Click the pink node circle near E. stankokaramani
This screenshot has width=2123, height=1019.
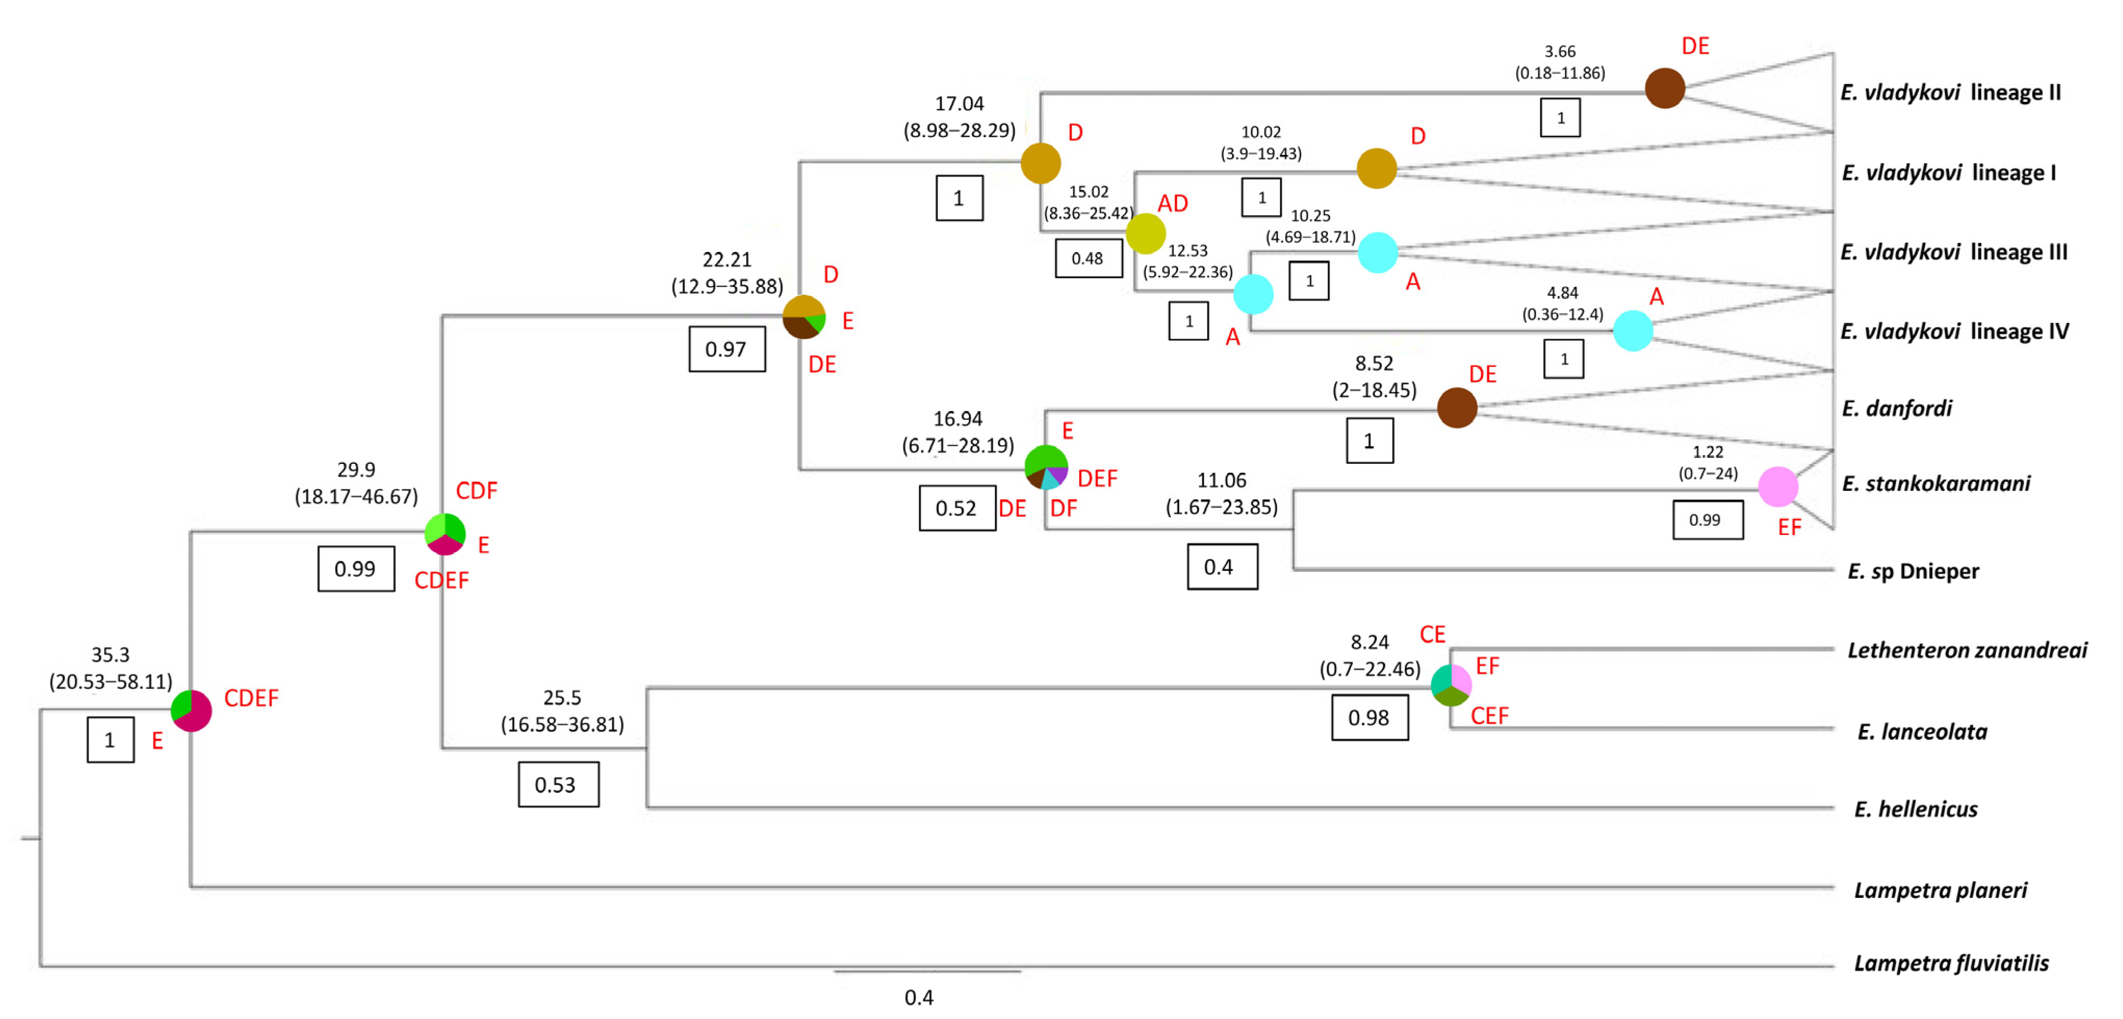(1777, 487)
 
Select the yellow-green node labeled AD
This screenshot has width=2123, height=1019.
(1146, 233)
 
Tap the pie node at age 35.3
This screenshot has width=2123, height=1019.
(191, 710)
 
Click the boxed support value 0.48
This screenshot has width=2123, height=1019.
(1088, 259)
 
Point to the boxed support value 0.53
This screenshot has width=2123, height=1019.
(558, 784)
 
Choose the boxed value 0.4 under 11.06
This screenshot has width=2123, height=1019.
(1221, 567)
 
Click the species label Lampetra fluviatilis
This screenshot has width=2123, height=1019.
(1951, 962)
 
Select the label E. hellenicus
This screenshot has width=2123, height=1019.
(1915, 809)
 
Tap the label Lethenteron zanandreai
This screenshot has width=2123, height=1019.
(1966, 650)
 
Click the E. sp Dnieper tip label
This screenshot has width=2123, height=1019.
(1912, 571)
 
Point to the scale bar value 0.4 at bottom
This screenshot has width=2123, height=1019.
(919, 998)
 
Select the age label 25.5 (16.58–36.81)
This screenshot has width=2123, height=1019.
(562, 711)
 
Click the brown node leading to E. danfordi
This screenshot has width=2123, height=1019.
(1456, 408)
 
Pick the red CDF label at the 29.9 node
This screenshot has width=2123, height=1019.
(476, 491)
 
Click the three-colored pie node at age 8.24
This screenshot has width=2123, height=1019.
(1451, 685)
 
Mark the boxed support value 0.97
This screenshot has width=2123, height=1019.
(726, 349)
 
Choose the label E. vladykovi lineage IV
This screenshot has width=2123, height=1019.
(1954, 331)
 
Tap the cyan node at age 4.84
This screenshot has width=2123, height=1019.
(1632, 331)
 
